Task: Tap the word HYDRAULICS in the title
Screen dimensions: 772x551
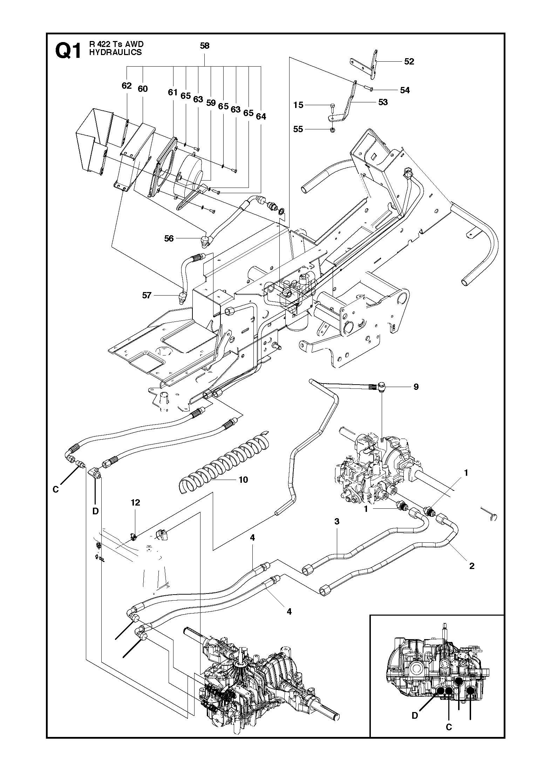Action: click(115, 53)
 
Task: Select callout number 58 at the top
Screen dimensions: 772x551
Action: click(204, 46)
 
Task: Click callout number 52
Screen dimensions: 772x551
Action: click(409, 61)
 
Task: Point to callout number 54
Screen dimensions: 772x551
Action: click(405, 90)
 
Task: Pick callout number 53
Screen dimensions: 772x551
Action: click(383, 102)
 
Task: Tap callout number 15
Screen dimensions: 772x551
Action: click(298, 105)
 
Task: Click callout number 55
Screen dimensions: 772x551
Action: click(298, 129)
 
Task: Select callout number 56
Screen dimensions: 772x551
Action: click(169, 238)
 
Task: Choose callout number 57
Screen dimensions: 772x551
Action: click(147, 295)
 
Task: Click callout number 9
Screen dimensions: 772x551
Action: click(416, 387)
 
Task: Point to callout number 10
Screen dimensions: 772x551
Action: click(243, 480)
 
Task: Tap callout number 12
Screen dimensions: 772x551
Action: click(135, 502)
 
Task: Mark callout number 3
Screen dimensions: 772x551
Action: click(337, 531)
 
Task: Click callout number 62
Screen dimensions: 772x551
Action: click(127, 86)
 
